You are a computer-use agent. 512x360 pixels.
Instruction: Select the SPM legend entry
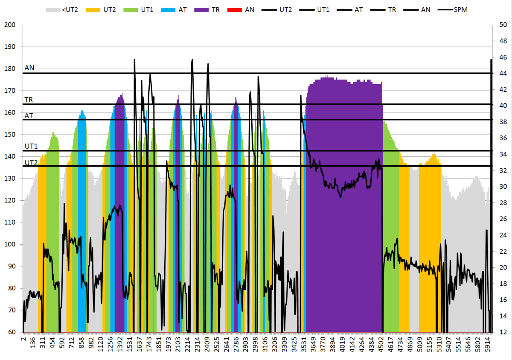tap(453, 9)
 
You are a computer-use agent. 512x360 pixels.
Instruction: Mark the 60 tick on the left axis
tap(11, 332)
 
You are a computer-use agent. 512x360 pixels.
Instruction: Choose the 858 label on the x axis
tap(81, 343)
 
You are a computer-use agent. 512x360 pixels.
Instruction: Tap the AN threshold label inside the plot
tap(30, 68)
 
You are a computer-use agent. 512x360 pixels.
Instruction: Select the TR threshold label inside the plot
tap(29, 100)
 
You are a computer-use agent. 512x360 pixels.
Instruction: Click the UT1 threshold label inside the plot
tap(31, 146)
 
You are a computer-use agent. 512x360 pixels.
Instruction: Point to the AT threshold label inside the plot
tap(29, 115)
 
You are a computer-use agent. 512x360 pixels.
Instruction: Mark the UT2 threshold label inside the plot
tap(31, 162)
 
